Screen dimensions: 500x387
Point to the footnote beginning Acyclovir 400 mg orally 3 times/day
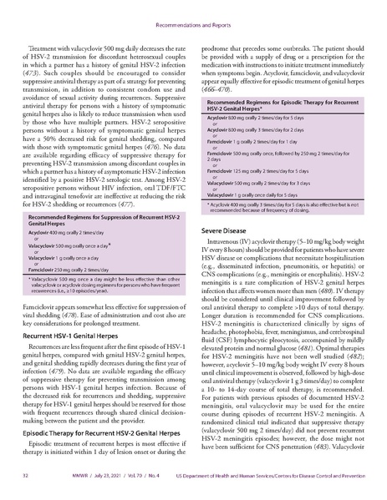click(284, 209)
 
